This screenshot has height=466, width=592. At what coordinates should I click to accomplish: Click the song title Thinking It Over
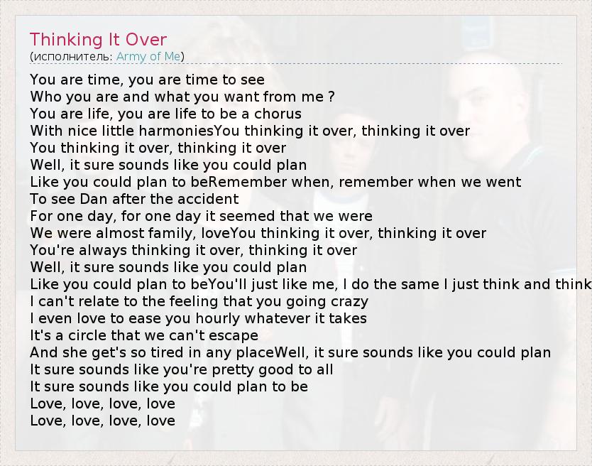[98, 40]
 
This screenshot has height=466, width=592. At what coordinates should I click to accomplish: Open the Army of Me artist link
[148, 56]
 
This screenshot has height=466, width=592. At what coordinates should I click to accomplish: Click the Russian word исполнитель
[71, 57]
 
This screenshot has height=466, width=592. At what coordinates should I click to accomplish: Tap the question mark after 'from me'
[331, 97]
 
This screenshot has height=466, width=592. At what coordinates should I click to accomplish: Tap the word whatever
[277, 319]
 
